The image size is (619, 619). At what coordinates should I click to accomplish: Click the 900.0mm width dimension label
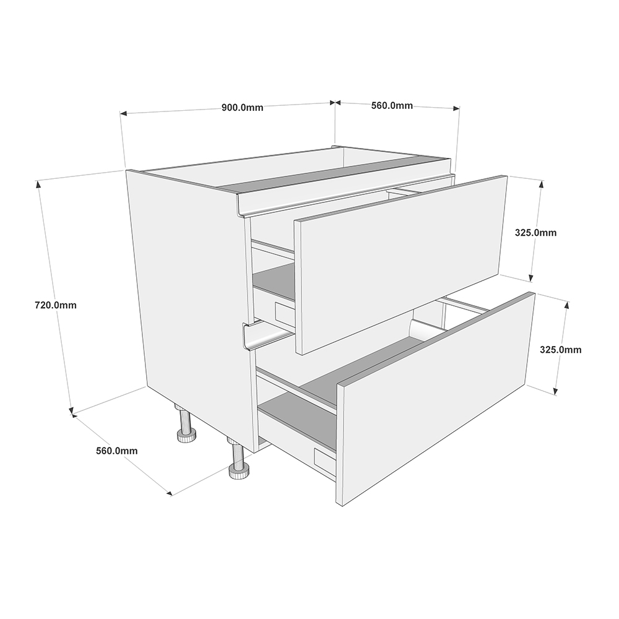pyautogui.click(x=242, y=107)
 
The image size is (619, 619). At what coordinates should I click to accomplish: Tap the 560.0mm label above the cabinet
pyautogui.click(x=392, y=105)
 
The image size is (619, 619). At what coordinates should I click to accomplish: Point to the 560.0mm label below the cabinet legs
pyautogui.click(x=117, y=451)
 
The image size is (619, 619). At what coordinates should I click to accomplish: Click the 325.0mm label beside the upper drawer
pyautogui.click(x=536, y=233)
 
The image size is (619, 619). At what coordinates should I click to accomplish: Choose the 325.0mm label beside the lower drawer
pyautogui.click(x=561, y=349)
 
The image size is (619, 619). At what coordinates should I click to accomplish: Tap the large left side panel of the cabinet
pyautogui.click(x=189, y=297)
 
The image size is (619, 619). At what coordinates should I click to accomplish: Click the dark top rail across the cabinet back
pyautogui.click(x=334, y=176)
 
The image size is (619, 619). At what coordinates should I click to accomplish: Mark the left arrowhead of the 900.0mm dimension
pyautogui.click(x=123, y=114)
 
